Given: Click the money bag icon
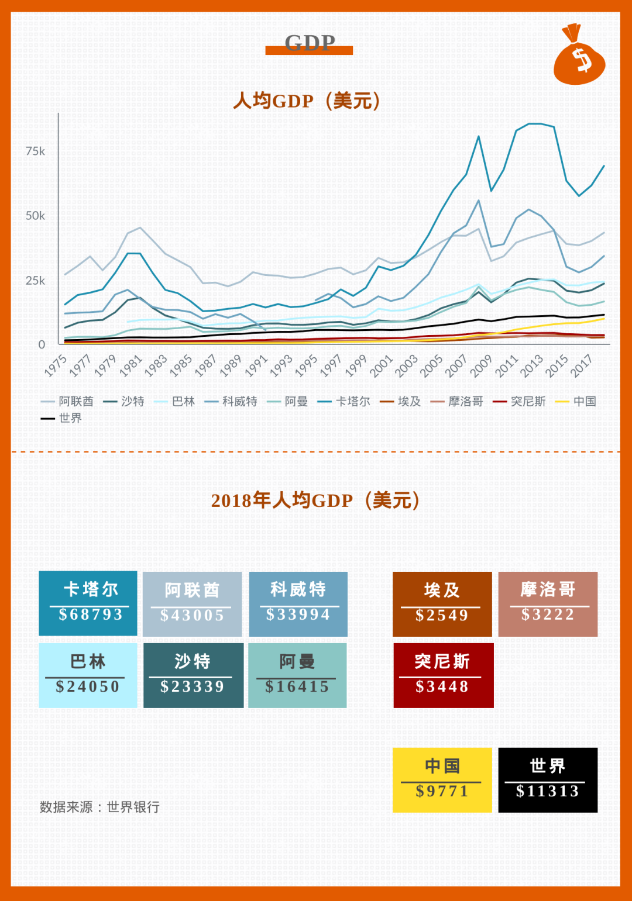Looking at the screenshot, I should click(x=579, y=57).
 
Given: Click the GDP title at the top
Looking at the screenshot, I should click(x=310, y=43).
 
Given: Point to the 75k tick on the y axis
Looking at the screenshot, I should click(x=35, y=151).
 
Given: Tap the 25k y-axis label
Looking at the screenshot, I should click(x=35, y=281).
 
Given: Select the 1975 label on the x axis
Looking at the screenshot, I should click(x=56, y=366).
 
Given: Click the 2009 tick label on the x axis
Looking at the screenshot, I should click(x=481, y=366).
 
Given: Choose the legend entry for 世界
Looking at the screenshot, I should click(x=61, y=418).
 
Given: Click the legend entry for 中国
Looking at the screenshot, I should click(x=576, y=401).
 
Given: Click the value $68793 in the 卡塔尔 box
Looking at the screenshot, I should click(x=91, y=615).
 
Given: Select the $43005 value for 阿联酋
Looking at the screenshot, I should click(x=192, y=615).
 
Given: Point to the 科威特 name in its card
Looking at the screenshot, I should click(x=298, y=589).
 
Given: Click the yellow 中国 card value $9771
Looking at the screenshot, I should click(x=442, y=791).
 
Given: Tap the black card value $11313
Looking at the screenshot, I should click(x=547, y=791).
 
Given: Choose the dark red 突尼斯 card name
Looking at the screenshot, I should click(x=442, y=661).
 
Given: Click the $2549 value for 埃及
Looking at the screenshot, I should click(x=442, y=615).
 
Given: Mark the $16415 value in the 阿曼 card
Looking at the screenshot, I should click(x=297, y=686).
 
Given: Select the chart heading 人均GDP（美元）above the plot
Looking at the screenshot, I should click(x=308, y=101).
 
